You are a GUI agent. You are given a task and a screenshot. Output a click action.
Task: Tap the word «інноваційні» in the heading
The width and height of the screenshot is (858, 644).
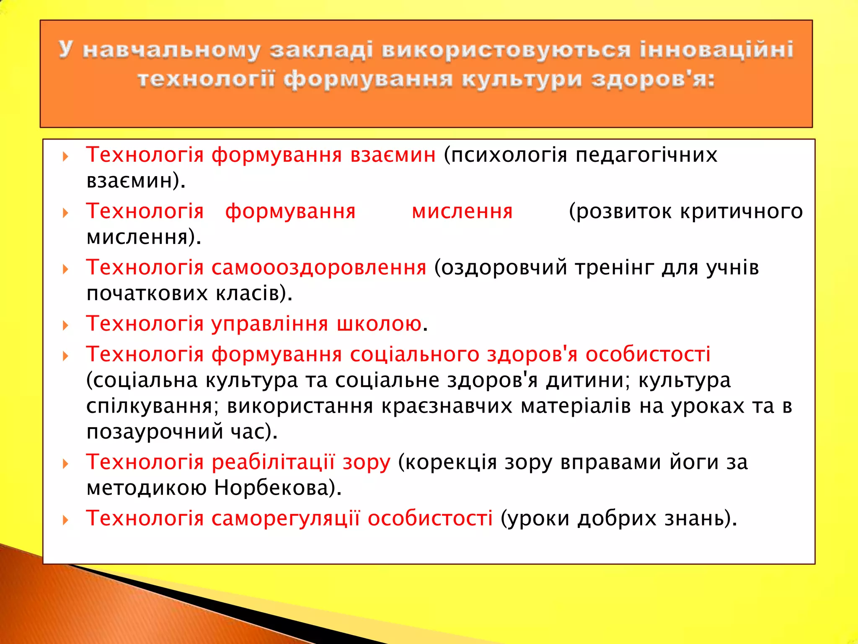point(716,49)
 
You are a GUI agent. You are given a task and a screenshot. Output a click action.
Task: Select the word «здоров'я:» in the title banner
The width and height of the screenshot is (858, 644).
point(653,80)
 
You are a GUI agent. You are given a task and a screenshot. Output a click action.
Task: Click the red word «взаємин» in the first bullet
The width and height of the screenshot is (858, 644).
point(393,155)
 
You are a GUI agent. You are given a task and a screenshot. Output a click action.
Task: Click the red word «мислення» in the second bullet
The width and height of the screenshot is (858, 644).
point(462,211)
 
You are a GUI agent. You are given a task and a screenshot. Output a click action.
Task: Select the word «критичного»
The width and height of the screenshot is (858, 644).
point(741,211)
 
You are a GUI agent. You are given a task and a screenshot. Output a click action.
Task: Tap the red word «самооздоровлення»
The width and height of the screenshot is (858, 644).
point(319,267)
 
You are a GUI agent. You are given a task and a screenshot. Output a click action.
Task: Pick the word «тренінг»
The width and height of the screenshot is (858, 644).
point(614,267)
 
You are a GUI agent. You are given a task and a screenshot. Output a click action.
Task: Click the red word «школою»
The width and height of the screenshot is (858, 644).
point(379,324)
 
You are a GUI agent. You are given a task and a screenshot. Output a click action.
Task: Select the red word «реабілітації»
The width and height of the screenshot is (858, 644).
point(273,462)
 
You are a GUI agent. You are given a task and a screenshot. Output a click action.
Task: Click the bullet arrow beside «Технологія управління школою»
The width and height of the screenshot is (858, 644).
point(65,325)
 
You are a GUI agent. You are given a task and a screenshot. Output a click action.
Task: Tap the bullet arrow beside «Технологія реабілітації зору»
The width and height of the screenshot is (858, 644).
point(65,464)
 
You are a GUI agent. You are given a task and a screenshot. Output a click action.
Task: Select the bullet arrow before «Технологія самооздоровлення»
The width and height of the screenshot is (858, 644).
point(65,269)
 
